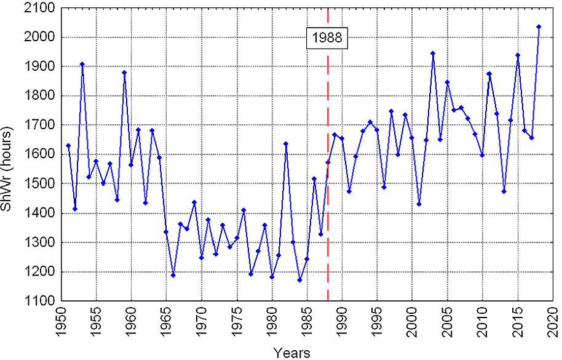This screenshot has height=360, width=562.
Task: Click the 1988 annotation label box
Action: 328,38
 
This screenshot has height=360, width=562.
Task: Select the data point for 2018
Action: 539,27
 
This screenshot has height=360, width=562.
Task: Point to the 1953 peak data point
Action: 82,64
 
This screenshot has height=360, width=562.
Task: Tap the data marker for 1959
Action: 124,73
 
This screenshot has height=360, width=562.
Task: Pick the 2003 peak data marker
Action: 433,54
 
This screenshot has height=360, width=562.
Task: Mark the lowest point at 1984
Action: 299,280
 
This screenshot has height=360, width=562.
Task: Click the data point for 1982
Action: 285,144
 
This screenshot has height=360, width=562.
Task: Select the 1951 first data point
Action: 68,145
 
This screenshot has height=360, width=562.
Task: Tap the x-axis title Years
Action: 292,353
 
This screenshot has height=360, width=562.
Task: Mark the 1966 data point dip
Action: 173,275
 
